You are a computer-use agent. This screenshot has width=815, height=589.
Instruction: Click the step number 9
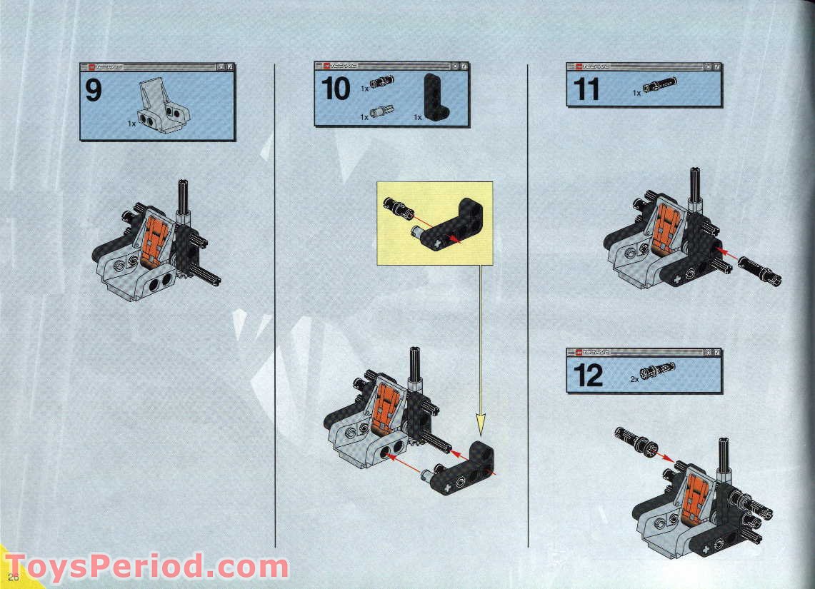[x=94, y=91]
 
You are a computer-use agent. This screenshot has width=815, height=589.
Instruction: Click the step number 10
[x=336, y=89]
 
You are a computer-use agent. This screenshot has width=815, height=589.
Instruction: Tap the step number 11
[x=586, y=90]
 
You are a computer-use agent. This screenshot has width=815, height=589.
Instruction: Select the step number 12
[x=588, y=376]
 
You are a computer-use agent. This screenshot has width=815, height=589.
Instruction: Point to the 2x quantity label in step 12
[x=634, y=380]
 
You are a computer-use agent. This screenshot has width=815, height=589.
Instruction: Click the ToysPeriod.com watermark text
[x=146, y=568]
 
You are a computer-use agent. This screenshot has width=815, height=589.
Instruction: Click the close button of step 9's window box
[x=230, y=67]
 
